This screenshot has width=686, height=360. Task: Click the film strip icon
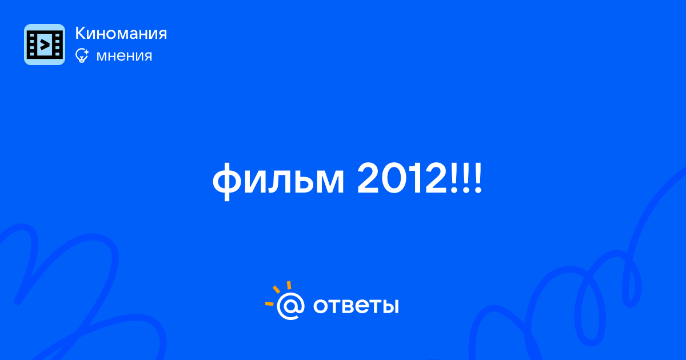(x=45, y=45)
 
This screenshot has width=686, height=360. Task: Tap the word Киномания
(x=121, y=33)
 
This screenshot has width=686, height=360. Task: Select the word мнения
(x=124, y=56)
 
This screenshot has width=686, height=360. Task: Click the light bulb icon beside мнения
(x=82, y=55)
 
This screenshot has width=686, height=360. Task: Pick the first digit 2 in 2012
(x=368, y=178)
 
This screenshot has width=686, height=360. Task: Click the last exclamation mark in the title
(x=478, y=178)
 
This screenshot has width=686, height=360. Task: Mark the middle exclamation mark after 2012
(x=466, y=178)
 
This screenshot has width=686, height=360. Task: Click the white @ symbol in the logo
(x=290, y=306)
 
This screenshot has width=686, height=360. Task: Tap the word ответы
(x=356, y=306)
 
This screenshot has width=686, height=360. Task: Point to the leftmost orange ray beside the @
(x=269, y=303)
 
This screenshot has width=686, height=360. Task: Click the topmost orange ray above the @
(x=289, y=285)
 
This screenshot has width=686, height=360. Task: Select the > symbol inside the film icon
(x=45, y=45)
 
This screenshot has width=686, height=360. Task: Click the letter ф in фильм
(x=226, y=182)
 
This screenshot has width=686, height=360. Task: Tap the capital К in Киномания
(x=80, y=33)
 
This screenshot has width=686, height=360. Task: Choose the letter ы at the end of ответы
(x=389, y=306)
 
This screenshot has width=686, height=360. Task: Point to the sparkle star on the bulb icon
(x=86, y=51)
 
